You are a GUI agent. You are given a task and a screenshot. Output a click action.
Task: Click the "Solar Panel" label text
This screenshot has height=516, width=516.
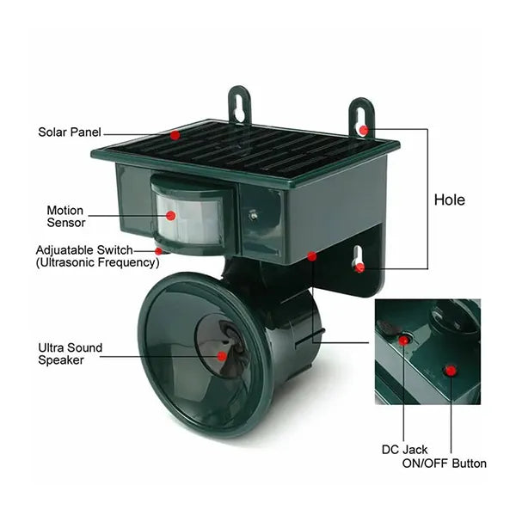pos(69,132)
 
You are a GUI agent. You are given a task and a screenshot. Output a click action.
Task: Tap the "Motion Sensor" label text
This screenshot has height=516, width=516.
pos(65,216)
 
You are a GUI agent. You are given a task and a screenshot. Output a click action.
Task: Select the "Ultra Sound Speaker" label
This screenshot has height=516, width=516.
pos(70,353)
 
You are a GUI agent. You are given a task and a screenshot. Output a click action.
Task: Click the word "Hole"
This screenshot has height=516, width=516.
pos(449,200)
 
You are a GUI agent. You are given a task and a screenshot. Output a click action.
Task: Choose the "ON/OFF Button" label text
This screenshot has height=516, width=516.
pos(445,464)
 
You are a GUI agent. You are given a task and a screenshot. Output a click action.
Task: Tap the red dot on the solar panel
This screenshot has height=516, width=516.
pos(175,135)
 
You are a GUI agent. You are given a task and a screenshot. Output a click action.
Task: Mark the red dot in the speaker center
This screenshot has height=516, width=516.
pos(222,354)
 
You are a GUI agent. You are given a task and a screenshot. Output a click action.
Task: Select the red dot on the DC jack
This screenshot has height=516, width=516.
pos(404,341)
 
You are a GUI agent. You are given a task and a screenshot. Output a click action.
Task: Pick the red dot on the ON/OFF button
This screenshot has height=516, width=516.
pos(449,371)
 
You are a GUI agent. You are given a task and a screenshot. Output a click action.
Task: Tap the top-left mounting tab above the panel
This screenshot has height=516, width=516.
pos(239,106)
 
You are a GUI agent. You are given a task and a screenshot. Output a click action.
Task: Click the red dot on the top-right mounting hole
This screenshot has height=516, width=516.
pos(364,130)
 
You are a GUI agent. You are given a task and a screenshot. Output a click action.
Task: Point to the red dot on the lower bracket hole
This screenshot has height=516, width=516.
pos(360,267)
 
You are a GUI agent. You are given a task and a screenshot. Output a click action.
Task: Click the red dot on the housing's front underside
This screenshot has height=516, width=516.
pos(310,255)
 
